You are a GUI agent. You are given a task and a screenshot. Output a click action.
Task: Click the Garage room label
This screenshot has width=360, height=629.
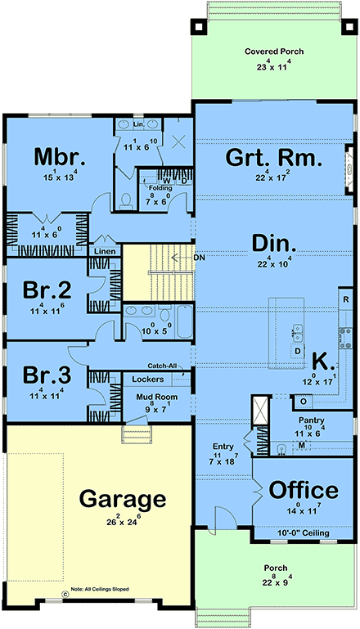pos(122,498)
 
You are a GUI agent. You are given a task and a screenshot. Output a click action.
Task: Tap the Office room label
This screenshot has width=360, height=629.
pos(304,490)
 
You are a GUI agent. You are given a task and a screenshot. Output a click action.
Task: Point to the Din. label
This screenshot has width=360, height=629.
pos(250,243)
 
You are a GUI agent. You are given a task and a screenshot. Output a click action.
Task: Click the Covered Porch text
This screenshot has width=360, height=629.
pos(274,52)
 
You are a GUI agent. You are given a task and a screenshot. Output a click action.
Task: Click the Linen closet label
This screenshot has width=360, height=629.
pos(105,251)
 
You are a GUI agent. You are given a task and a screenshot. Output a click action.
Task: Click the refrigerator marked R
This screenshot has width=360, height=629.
pos(345,300)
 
